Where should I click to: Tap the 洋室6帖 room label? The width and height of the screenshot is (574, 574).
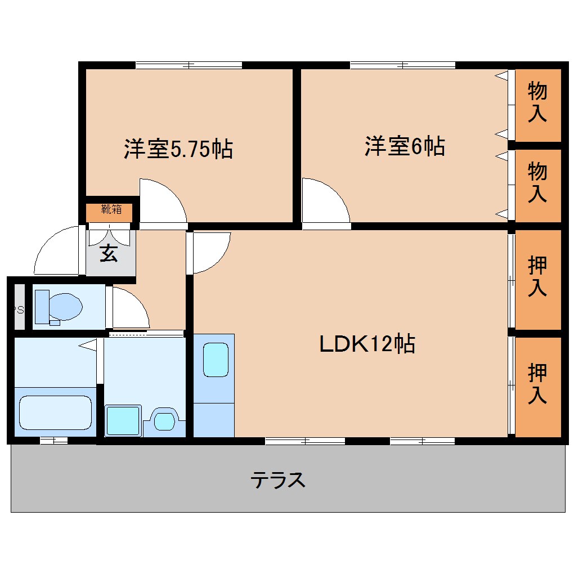click(x=405, y=146)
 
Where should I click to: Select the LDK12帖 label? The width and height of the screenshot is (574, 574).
click(x=367, y=343)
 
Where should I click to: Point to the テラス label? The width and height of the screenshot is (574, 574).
click(x=278, y=480)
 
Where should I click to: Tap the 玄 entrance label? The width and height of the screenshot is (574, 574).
click(x=109, y=254)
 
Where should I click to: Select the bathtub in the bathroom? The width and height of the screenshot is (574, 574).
click(x=55, y=412)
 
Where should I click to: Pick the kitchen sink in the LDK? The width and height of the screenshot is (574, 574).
click(x=216, y=360)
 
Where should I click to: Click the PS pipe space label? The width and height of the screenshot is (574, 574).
click(x=19, y=308)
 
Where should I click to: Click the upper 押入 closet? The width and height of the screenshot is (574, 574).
click(x=537, y=277)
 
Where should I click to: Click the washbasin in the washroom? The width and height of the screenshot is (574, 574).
click(x=164, y=420)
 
